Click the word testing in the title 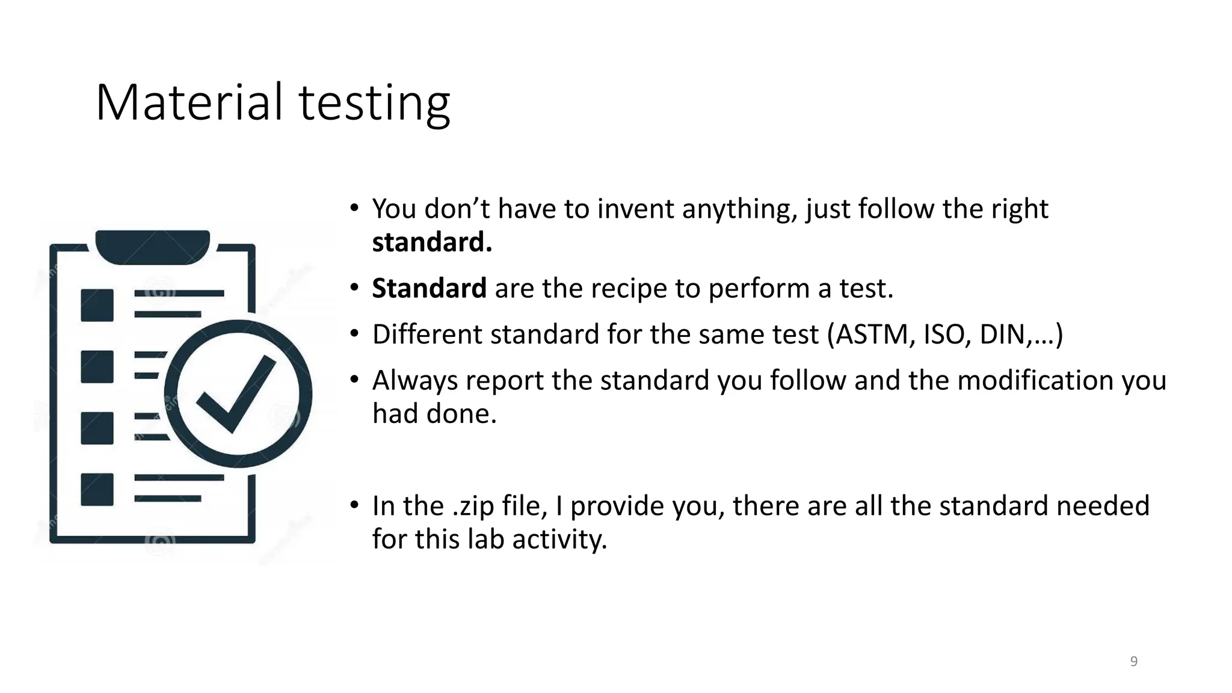pyautogui.click(x=374, y=103)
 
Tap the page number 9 pyautogui.click(x=1134, y=662)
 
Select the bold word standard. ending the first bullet pyautogui.click(x=432, y=242)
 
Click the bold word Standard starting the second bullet pyautogui.click(x=429, y=288)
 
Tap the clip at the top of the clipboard pyautogui.click(x=153, y=246)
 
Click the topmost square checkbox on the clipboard pyautogui.click(x=97, y=305)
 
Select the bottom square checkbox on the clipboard pyautogui.click(x=97, y=489)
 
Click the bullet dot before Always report pyautogui.click(x=355, y=380)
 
